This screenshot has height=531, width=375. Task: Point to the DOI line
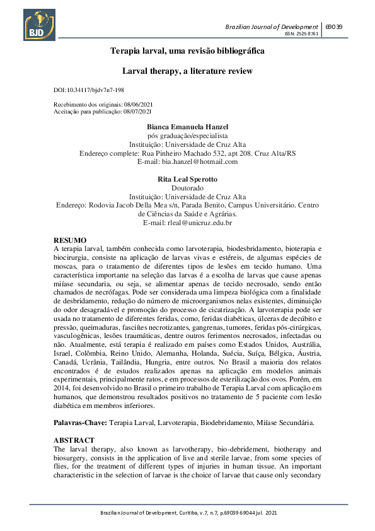click(89, 91)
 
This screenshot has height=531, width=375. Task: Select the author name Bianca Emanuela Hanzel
click(187, 127)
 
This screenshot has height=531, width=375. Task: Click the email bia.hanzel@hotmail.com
click(187, 161)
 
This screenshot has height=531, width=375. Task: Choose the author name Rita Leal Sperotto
click(187, 179)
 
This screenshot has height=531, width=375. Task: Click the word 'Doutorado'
click(187, 188)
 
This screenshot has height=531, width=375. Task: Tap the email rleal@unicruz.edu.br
click(187, 223)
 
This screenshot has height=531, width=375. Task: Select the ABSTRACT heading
click(74, 440)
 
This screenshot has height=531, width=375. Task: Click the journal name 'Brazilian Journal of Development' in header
click(272, 26)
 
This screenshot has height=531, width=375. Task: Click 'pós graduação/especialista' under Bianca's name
click(187, 136)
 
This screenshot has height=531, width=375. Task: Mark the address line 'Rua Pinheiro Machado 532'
click(187, 153)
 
